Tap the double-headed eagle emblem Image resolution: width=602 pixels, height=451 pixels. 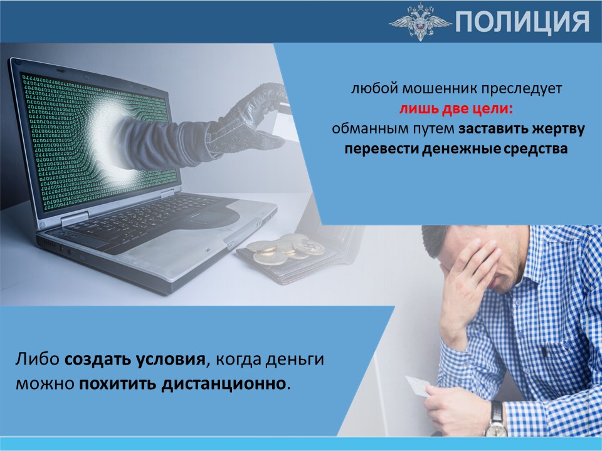point(420,22)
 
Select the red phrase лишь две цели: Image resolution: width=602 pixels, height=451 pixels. point(456,109)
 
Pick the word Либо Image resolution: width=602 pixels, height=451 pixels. point(38,359)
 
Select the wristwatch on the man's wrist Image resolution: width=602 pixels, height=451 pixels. point(497,420)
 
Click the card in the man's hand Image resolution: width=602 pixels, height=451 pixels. point(418,386)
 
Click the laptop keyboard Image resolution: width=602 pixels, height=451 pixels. point(142,218)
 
